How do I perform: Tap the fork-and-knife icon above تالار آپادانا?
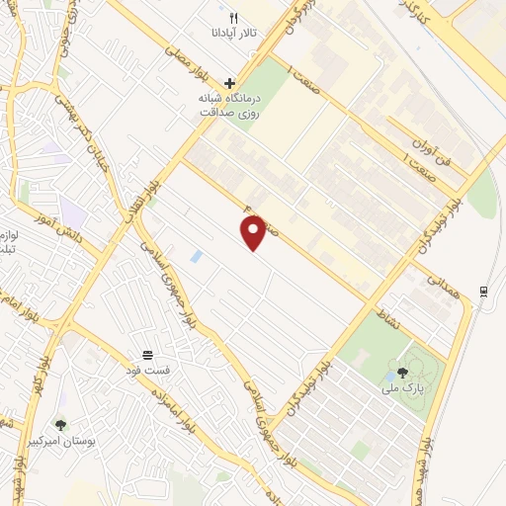click(x=233, y=18)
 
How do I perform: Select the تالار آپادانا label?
click(x=233, y=33)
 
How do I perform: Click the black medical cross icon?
click(x=229, y=84)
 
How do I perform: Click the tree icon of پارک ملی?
click(x=402, y=373)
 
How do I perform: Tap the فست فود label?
click(x=154, y=370)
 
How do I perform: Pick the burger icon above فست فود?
click(x=147, y=355)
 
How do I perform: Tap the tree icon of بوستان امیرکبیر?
click(x=60, y=425)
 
